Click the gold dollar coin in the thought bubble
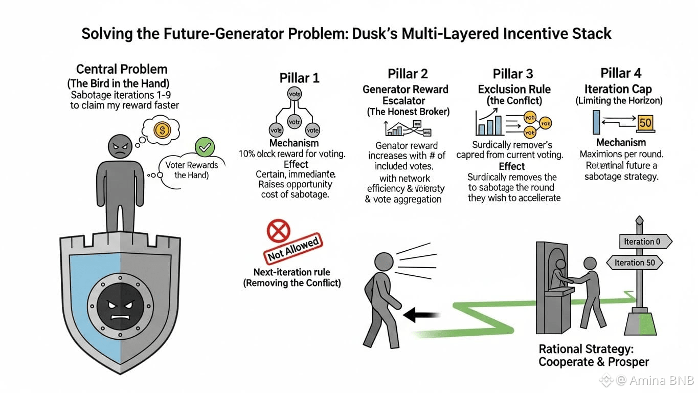coord(162,130)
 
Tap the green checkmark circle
coord(205,148)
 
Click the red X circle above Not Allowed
coord(279,231)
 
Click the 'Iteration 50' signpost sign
coord(634,263)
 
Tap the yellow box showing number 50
coord(645,123)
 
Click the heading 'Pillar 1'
coord(299,78)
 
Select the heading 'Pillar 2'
coord(408,74)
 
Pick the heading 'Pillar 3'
coord(513,74)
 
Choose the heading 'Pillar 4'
coord(621,73)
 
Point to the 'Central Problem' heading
coord(122,69)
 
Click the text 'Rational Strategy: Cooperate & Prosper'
coord(594,355)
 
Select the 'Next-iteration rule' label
coord(292,272)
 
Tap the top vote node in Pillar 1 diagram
coord(295,94)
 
